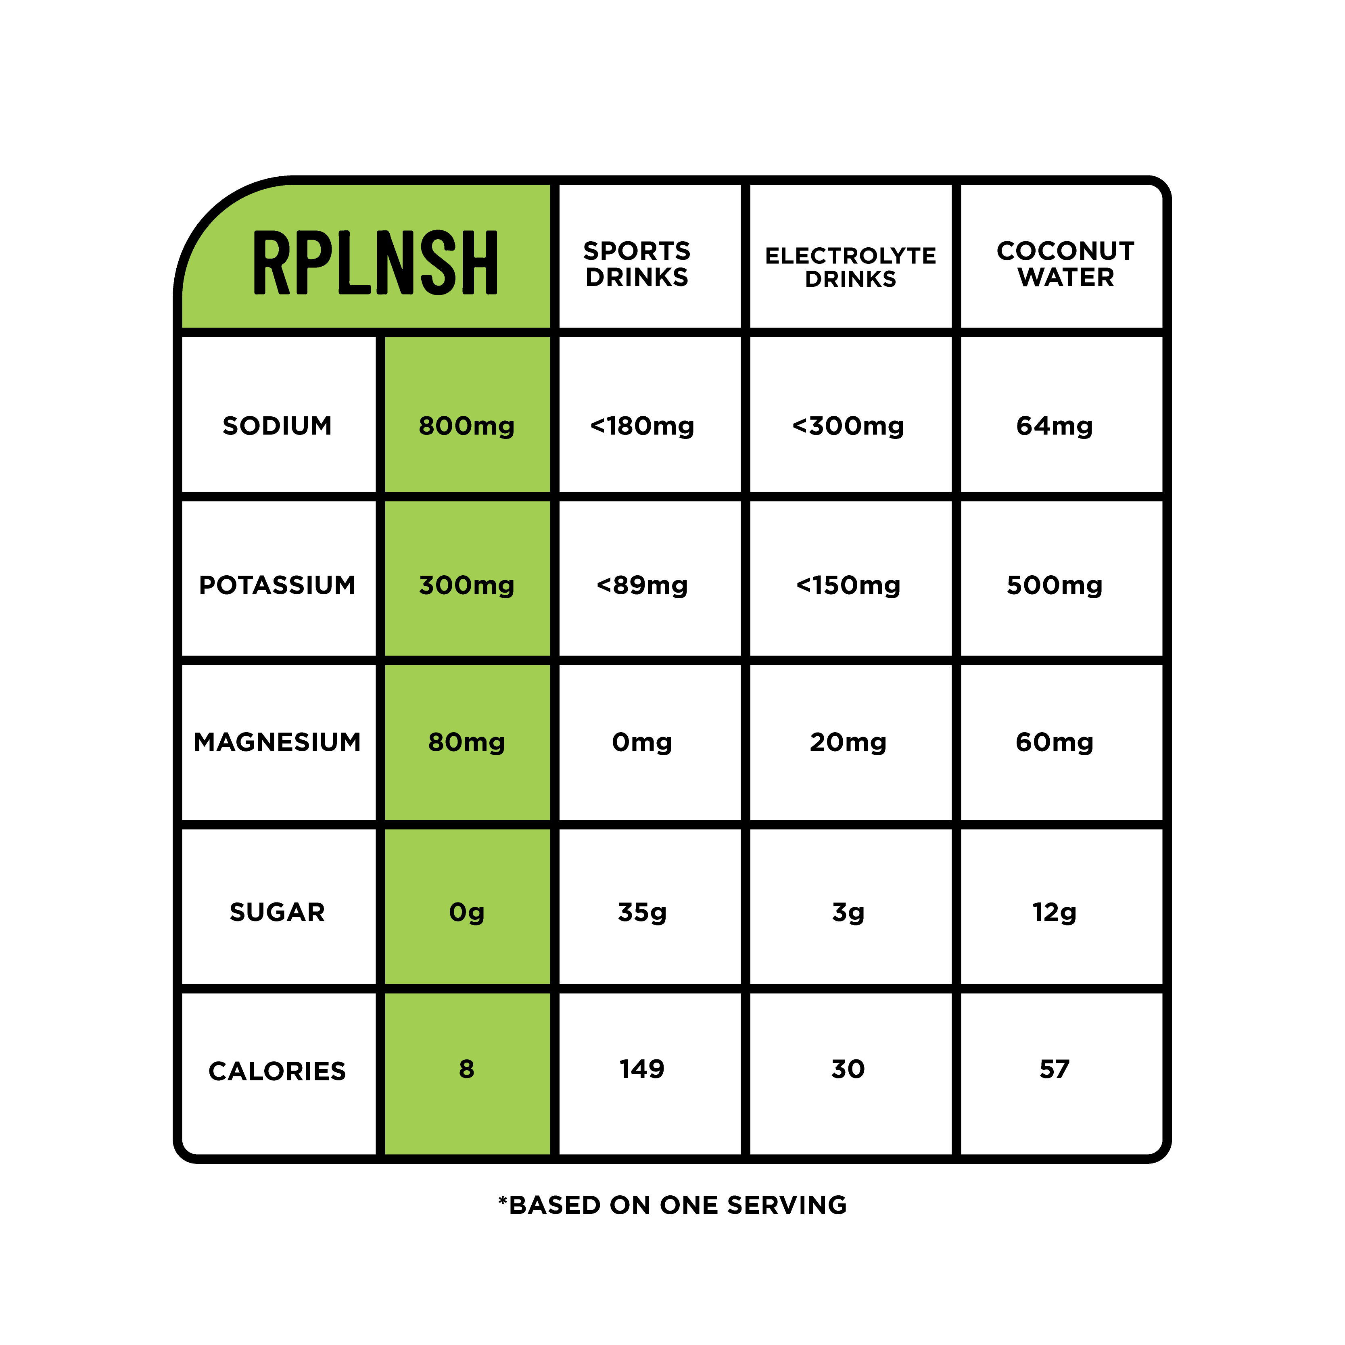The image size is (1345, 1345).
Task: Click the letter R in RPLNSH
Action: point(270,263)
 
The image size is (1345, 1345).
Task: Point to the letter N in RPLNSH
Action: point(395,263)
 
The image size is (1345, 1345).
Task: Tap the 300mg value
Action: point(466,585)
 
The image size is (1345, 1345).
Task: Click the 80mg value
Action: point(466,742)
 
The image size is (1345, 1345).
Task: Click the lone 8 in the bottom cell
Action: point(466,1069)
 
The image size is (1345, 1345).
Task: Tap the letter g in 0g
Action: point(476,913)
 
